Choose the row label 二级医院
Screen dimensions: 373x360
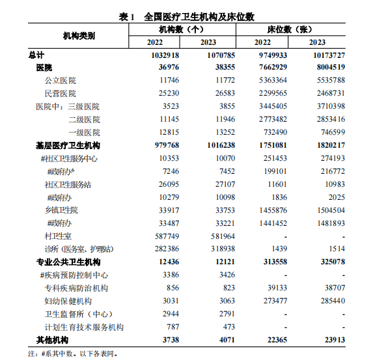coord(84,120)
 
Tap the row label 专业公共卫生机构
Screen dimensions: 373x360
coord(68,262)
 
